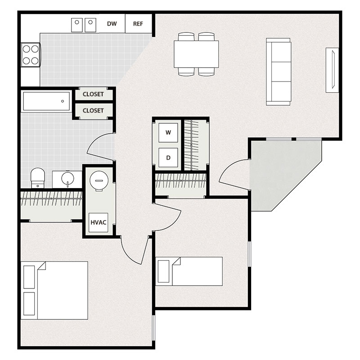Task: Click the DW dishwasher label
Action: pos(112,24)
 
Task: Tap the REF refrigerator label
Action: pos(138,24)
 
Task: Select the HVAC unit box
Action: pos(98,222)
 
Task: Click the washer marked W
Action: pos(168,132)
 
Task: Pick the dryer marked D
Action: pos(168,157)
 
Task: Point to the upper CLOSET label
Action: pos(93,94)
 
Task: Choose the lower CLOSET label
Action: pos(93,110)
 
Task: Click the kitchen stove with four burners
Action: pos(30,54)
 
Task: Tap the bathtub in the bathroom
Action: pos(46,102)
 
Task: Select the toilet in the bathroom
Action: pos(38,177)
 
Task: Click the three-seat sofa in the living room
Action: pos(279,72)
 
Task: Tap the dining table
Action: pos(197,54)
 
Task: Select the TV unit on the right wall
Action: pos(332,70)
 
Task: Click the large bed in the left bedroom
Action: pos(54,290)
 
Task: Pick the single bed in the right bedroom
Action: pos(189,271)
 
